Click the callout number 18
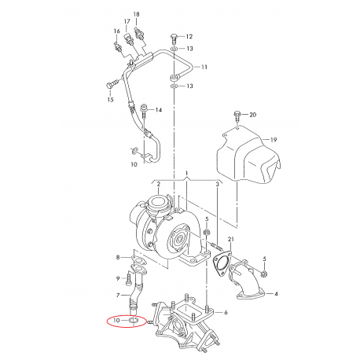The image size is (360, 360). coord(137,14)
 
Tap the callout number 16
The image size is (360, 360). coord(117,31)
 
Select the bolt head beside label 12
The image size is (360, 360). coord(174,36)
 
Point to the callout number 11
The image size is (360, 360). coord(204,67)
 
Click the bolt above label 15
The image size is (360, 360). coord(111,86)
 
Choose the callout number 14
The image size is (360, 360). coord(159,110)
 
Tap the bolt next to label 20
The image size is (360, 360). coord(237,116)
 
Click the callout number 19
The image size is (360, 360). coord(274,140)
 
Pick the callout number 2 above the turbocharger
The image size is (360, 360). coord(159,185)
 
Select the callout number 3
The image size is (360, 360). coord(217,185)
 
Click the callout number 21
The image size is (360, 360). coord(230,239)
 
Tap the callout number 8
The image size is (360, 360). coord(118,257)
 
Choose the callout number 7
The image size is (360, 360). coord(118,296)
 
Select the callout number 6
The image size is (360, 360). coord(226,312)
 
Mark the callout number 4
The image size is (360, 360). coord(276,294)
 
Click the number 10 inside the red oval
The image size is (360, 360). coord(116,320)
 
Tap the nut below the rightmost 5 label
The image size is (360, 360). coord(264,274)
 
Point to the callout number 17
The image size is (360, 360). coord(127,21)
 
